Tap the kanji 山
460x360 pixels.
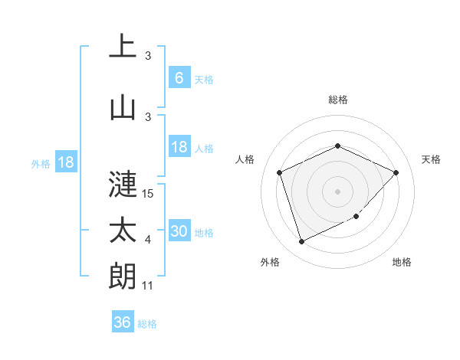pyautogui.click(x=123, y=108)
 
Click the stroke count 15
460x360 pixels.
pyautogui.click(x=149, y=194)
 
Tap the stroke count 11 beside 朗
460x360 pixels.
pyautogui.click(x=149, y=286)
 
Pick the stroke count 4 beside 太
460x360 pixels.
pyautogui.click(x=148, y=240)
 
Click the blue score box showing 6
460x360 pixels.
pyautogui.click(x=179, y=78)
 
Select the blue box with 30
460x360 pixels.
pyautogui.click(x=179, y=231)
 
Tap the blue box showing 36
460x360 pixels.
pyautogui.click(x=123, y=322)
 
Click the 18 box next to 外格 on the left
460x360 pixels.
pyautogui.click(x=65, y=162)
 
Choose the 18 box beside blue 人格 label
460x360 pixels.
pyautogui.click(x=179, y=147)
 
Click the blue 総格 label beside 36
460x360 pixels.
pyautogui.click(x=148, y=324)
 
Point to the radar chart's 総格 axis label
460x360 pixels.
pyautogui.click(x=337, y=100)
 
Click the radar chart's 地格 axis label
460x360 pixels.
pyautogui.click(x=402, y=263)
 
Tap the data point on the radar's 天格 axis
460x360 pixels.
pyautogui.click(x=396, y=172)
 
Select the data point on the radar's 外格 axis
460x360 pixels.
pyautogui.click(x=301, y=242)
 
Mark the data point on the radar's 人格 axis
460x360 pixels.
pyautogui.click(x=280, y=172)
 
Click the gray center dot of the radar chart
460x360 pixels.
pyautogui.click(x=337, y=191)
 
